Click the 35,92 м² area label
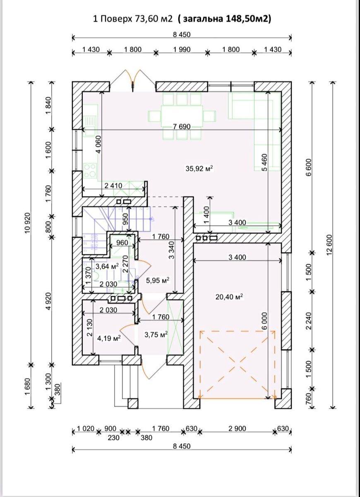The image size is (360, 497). click(199, 169)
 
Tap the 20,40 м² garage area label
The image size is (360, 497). click(229, 297)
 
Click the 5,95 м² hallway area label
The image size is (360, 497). click(158, 280)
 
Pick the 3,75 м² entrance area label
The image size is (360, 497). click(156, 334)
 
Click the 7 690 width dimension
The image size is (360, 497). click(182, 126)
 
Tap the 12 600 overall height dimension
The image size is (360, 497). click(330, 244)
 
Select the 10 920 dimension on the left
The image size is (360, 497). click(28, 223)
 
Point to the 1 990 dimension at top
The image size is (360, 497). click(182, 49)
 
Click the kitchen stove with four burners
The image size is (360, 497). click(91, 170)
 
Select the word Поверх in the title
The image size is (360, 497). click(116, 19)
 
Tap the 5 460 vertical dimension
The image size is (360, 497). click(264, 162)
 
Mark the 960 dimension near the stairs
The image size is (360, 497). click(122, 243)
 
